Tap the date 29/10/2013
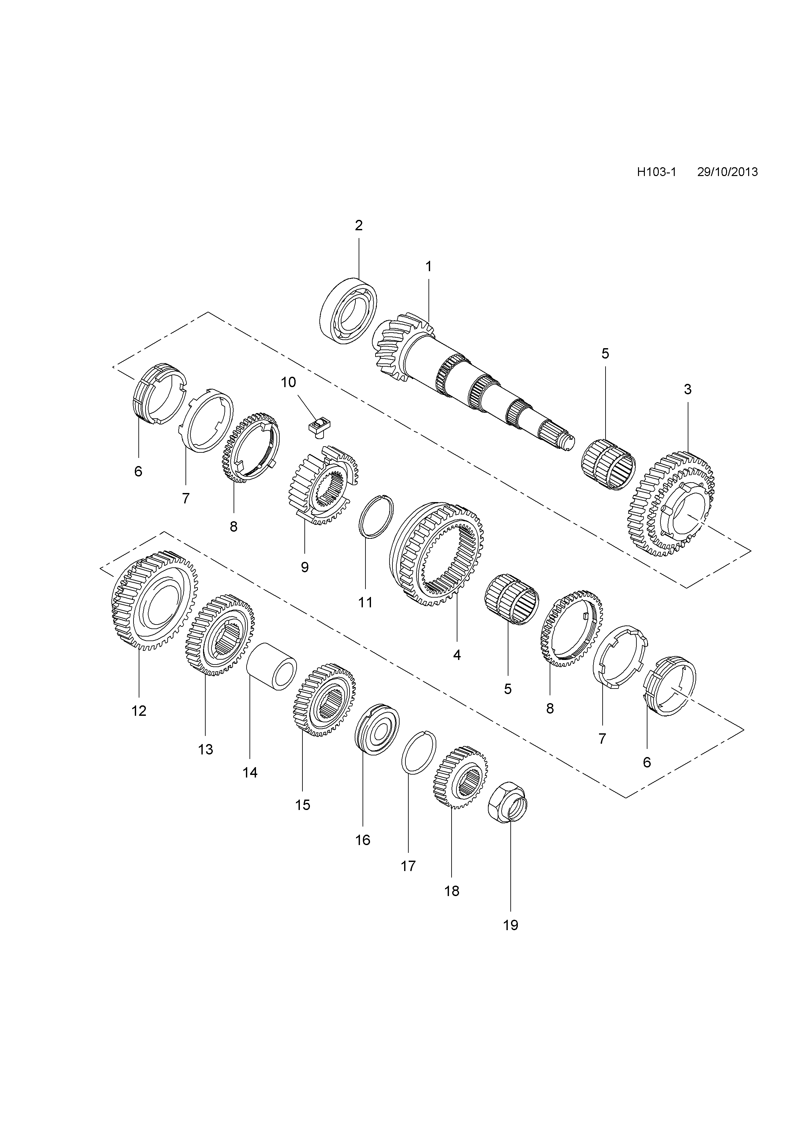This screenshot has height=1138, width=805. (727, 172)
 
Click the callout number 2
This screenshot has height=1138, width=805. (359, 225)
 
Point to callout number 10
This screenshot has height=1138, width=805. (288, 382)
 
